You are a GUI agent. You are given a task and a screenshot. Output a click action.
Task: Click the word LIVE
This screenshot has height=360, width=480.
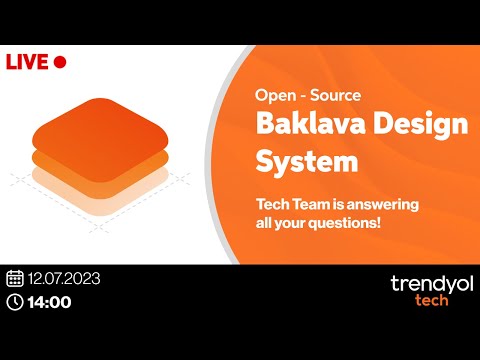(27, 62)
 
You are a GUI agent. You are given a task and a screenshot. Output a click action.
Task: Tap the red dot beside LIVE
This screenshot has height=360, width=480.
(59, 62)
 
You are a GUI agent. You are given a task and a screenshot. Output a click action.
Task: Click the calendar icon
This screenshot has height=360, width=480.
(15, 278)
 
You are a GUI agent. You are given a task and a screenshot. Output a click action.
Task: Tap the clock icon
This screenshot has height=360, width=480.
(15, 301)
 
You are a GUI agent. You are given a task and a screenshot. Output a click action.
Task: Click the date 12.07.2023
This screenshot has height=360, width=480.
(65, 278)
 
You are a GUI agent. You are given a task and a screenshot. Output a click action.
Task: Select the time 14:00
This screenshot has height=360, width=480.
(51, 301)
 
